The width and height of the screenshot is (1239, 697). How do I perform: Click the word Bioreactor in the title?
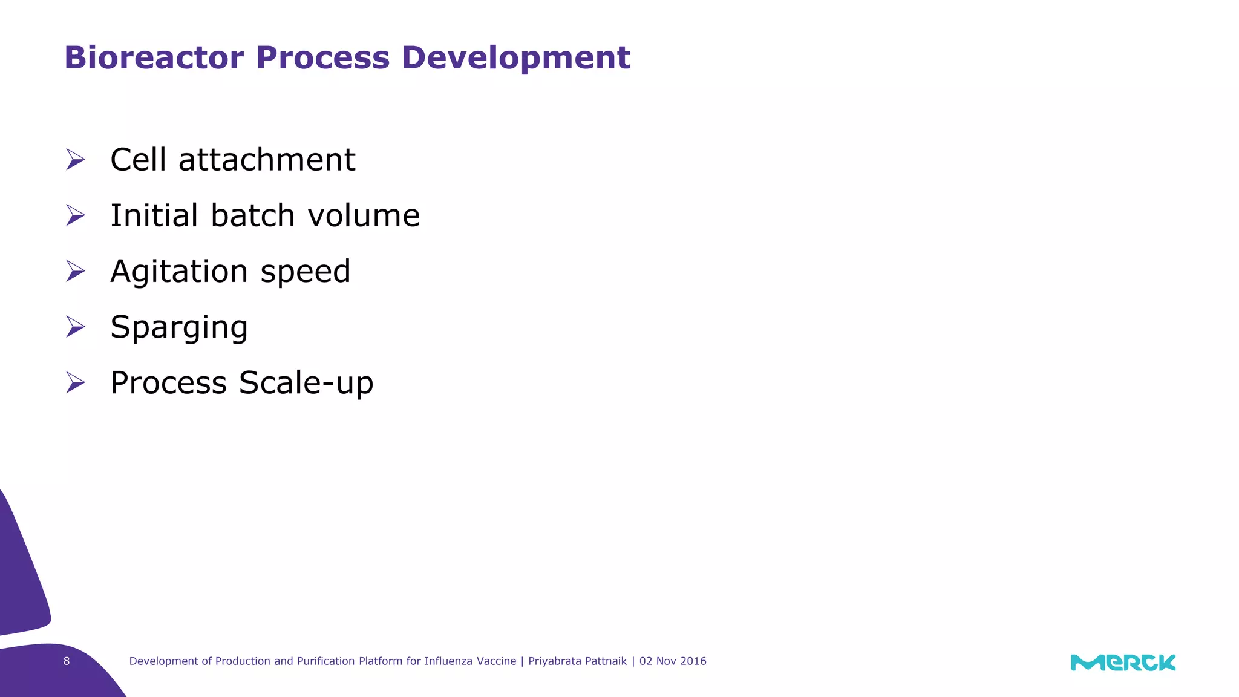(154, 58)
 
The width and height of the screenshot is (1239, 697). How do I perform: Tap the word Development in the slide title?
(515, 58)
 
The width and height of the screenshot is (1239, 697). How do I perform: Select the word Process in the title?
(322, 58)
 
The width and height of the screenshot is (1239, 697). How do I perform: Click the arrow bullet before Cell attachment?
(76, 160)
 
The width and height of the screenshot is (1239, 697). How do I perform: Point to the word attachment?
(267, 160)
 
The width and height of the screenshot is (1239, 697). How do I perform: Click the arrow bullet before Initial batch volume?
(76, 215)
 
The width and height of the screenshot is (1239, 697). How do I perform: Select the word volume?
(364, 216)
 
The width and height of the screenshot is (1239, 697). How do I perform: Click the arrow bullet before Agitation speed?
(76, 271)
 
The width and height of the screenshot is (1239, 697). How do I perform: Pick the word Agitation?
(180, 272)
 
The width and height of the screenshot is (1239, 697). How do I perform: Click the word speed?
(306, 272)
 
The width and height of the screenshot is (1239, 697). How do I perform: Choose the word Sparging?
(179, 328)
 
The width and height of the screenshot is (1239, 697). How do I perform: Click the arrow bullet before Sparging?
(76, 327)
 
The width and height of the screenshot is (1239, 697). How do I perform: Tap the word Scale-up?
(306, 384)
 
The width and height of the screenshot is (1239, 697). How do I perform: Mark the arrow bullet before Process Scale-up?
(76, 382)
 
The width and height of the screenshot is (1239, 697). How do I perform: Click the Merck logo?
(1123, 663)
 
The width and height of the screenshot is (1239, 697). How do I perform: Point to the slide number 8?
(67, 661)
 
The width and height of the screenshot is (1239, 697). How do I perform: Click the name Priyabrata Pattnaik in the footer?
(577, 661)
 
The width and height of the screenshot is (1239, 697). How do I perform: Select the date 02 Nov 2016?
(673, 661)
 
